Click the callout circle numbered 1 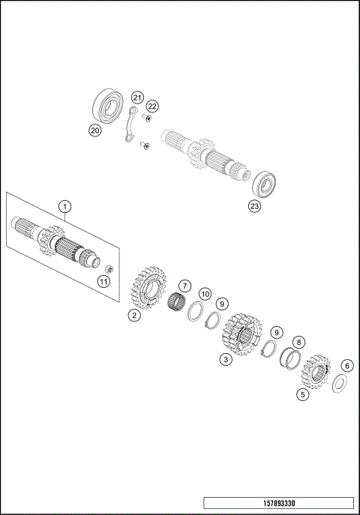65,205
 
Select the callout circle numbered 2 133,316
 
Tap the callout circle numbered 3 225,360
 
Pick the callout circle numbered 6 346,366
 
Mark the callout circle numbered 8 298,341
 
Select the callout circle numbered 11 103,281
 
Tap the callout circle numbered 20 94,130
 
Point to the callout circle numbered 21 136,98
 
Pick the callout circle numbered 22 152,106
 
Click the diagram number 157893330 278,502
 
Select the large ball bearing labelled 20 109,105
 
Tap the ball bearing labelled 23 265,183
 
